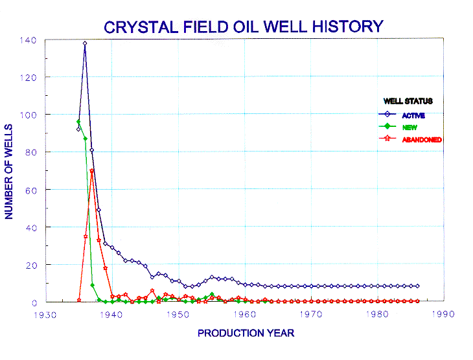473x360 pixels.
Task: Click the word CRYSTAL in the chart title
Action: coord(141,27)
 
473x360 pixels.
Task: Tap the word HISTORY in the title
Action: coord(348,27)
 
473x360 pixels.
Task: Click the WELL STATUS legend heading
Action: coord(408,101)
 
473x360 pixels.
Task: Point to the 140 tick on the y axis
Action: coord(28,40)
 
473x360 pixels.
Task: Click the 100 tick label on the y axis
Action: coord(28,115)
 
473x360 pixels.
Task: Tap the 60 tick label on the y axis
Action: coord(31,190)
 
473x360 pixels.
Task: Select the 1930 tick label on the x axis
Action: coord(45,315)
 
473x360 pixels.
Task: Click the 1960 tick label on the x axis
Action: coord(245,315)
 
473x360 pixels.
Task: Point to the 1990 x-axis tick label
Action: coord(443,314)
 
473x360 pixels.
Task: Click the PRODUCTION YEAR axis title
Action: coord(246,333)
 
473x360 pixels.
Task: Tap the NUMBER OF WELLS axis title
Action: coord(9,172)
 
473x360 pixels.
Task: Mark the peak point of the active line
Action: coord(85,43)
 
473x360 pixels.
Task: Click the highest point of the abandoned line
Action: coord(92,171)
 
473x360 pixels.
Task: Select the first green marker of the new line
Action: coord(78,122)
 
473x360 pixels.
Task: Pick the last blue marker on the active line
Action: coord(417,286)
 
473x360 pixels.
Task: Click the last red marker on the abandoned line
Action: coord(417,301)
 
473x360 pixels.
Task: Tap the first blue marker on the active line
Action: coord(78,129)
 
